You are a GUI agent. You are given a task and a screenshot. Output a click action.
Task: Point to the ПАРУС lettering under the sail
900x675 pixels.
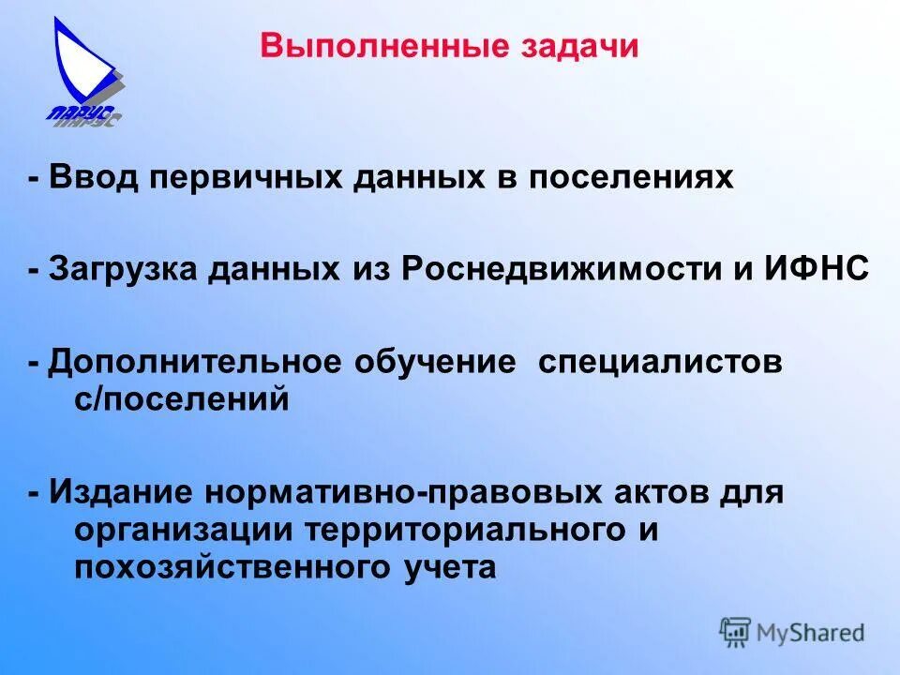point(82,115)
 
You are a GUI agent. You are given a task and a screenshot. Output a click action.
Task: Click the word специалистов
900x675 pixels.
point(660,362)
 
